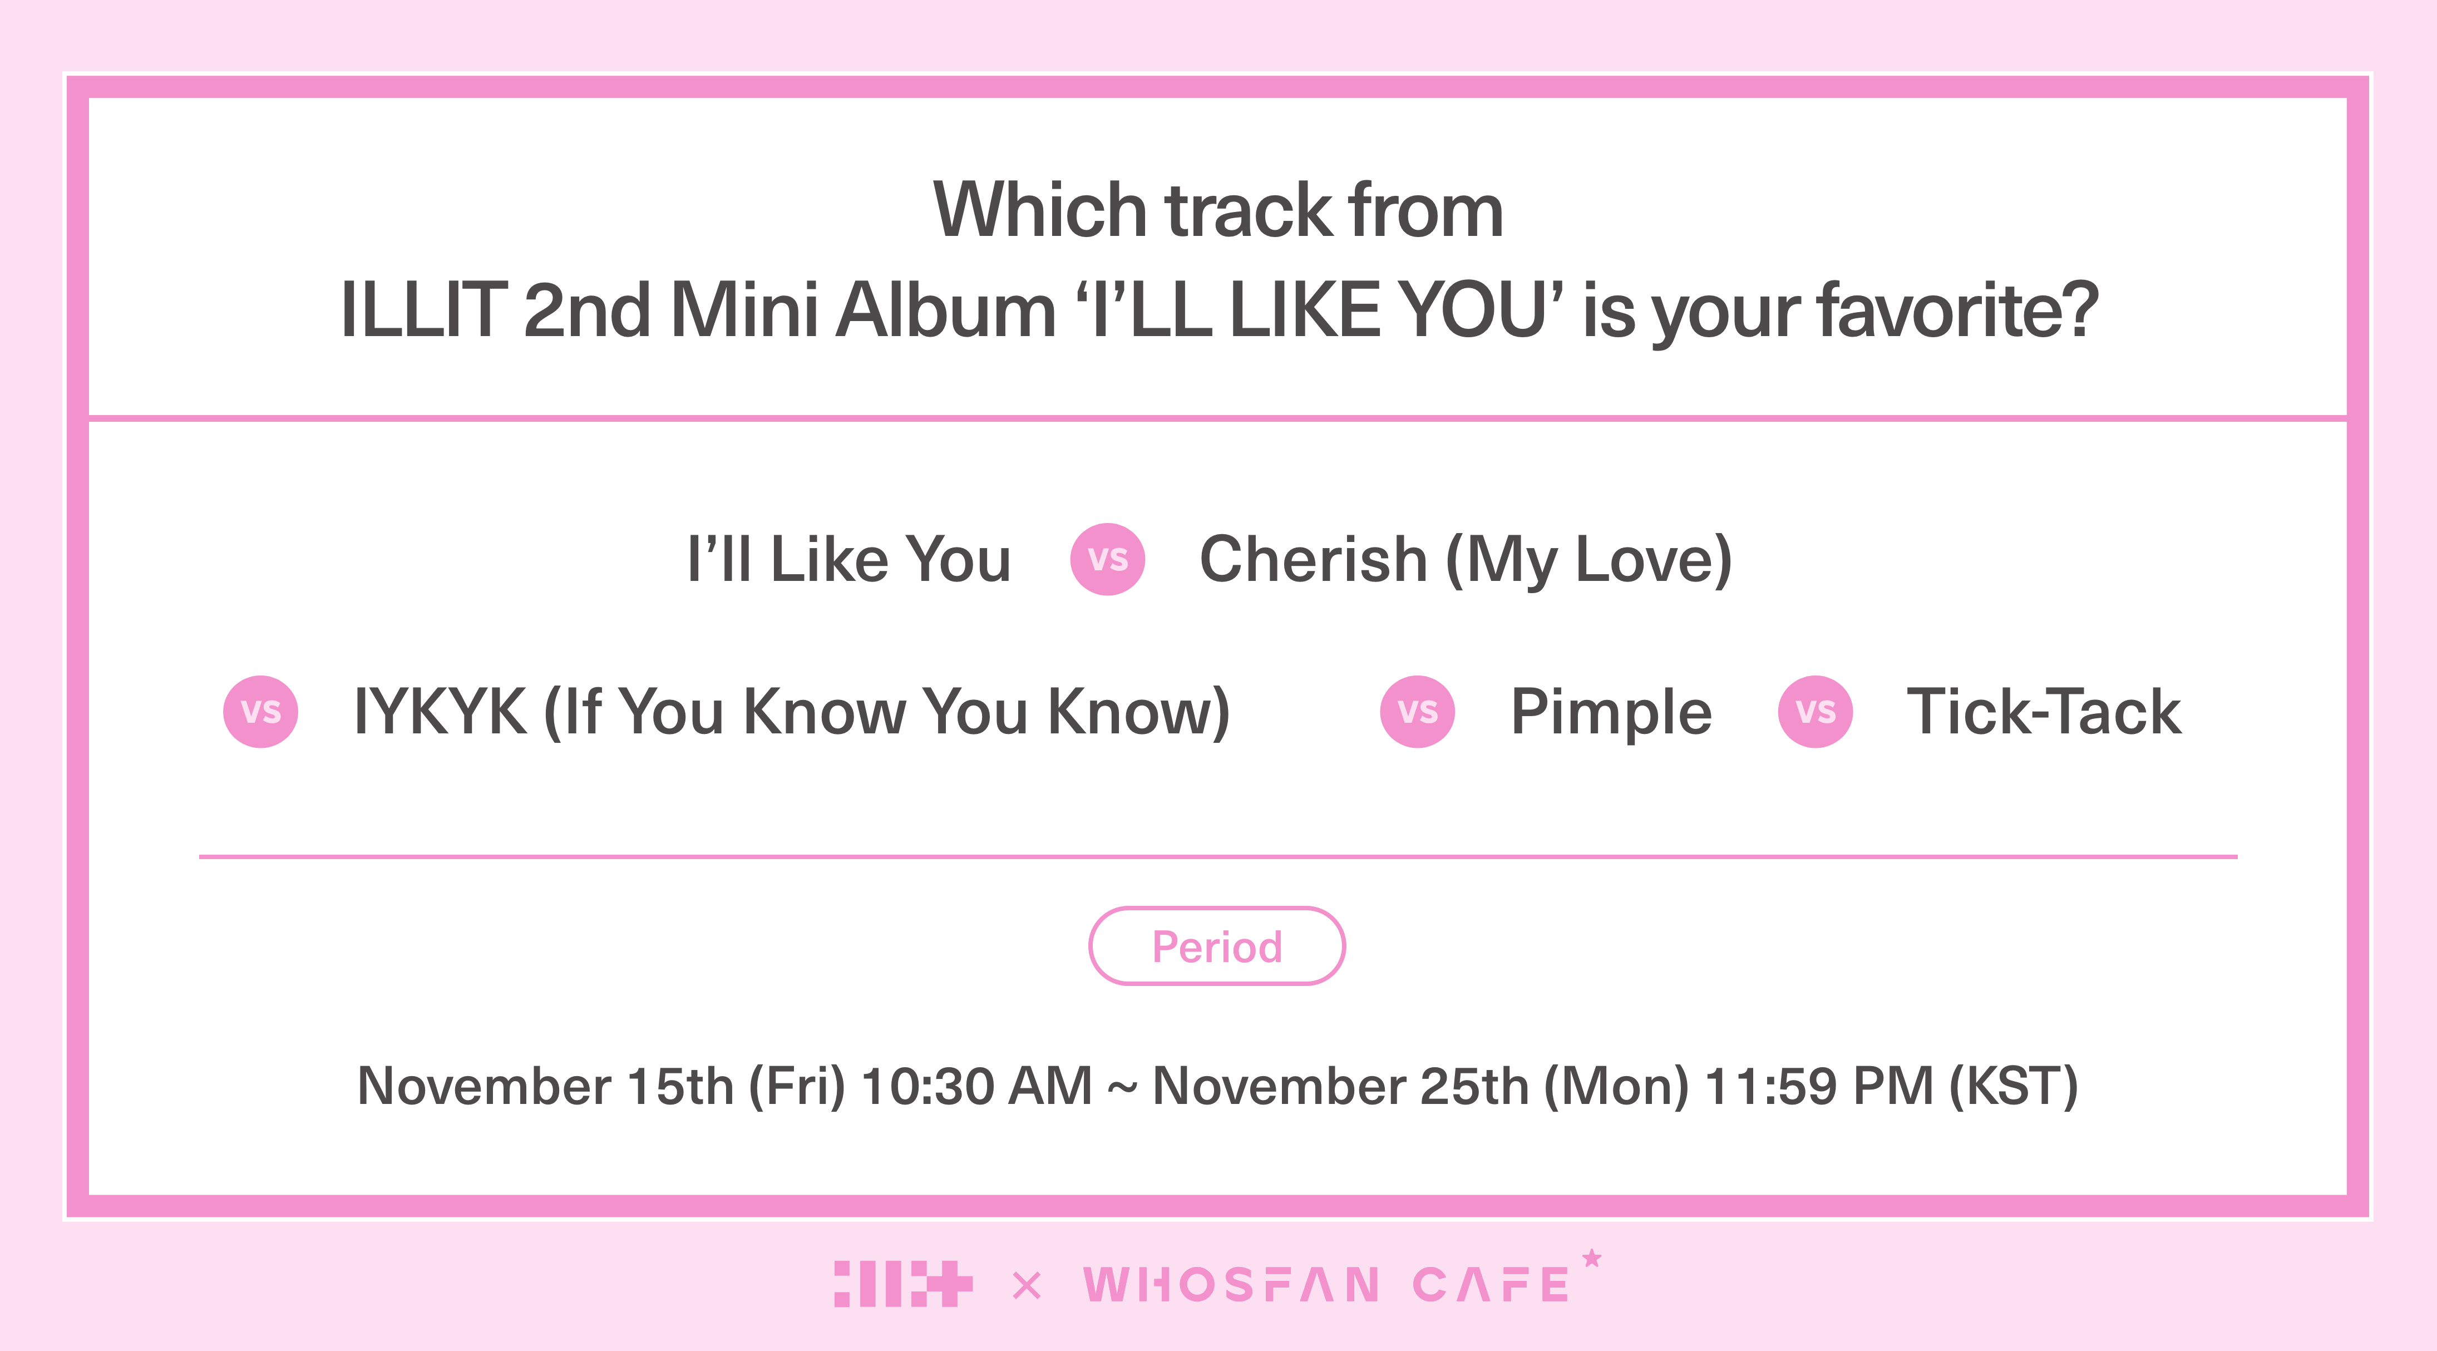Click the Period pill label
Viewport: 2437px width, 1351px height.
point(1217,946)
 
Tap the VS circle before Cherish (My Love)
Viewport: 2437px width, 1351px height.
point(1108,559)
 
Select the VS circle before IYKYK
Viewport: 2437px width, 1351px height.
point(260,712)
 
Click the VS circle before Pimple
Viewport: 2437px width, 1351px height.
point(1417,712)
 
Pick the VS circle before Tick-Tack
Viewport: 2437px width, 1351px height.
point(1816,712)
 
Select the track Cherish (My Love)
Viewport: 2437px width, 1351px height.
point(1466,560)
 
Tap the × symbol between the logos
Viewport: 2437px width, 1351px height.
point(1027,1286)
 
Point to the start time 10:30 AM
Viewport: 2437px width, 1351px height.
point(976,1086)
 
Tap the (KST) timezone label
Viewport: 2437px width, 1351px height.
point(2013,1086)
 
